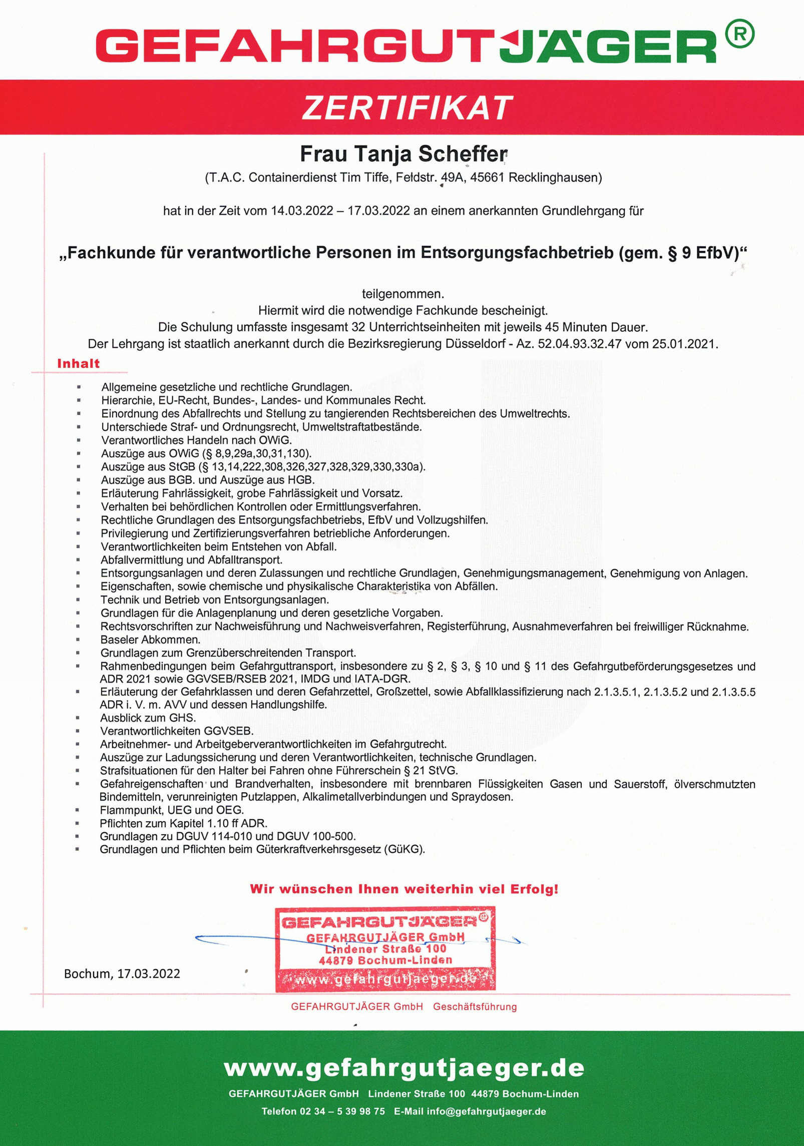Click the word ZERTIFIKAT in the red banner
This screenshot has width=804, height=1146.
click(407, 108)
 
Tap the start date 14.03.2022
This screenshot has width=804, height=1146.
click(302, 211)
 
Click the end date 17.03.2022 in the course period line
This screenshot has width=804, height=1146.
click(378, 211)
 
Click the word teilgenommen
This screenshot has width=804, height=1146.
click(403, 294)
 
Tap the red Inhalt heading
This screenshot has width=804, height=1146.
click(79, 364)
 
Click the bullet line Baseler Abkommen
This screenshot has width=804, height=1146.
click(150, 640)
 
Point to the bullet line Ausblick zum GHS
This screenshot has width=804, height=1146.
click(148, 718)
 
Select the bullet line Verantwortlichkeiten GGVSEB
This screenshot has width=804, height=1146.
click(177, 731)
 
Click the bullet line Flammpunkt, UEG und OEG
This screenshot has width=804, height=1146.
click(172, 810)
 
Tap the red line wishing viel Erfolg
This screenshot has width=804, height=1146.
click(404, 889)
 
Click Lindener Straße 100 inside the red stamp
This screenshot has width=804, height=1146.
click(385, 949)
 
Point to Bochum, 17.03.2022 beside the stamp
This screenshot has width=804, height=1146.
click(122, 973)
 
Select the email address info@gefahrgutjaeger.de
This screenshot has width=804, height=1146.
click(486, 1111)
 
